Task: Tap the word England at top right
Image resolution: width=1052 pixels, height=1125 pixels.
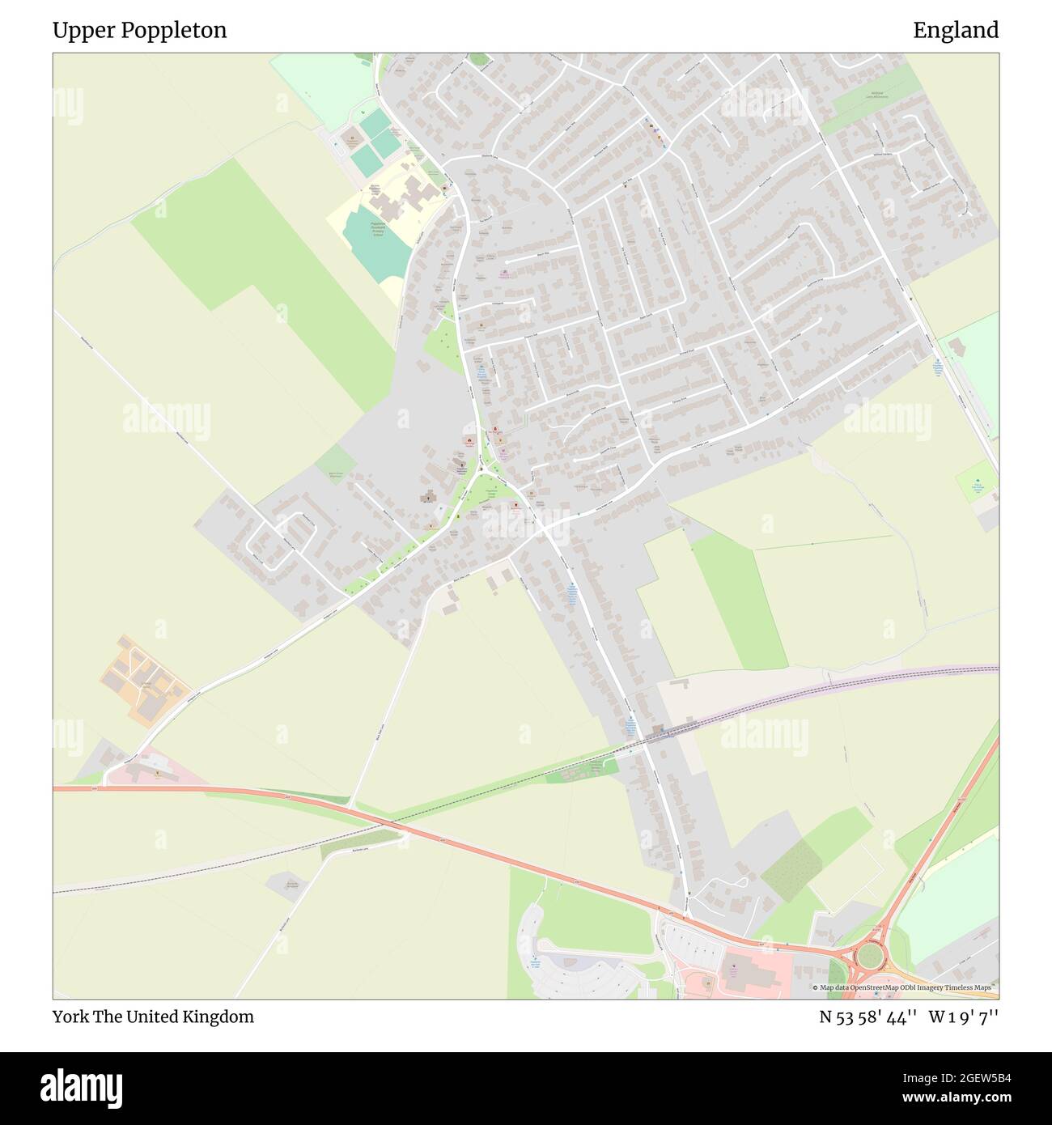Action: click(x=956, y=31)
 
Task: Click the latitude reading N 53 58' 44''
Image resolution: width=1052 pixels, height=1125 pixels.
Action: click(x=867, y=1017)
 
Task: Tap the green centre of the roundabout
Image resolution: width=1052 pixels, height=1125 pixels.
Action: click(x=872, y=954)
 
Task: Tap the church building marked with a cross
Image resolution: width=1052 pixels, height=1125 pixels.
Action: click(x=426, y=497)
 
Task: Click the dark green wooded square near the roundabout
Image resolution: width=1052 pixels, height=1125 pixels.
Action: click(x=788, y=865)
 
